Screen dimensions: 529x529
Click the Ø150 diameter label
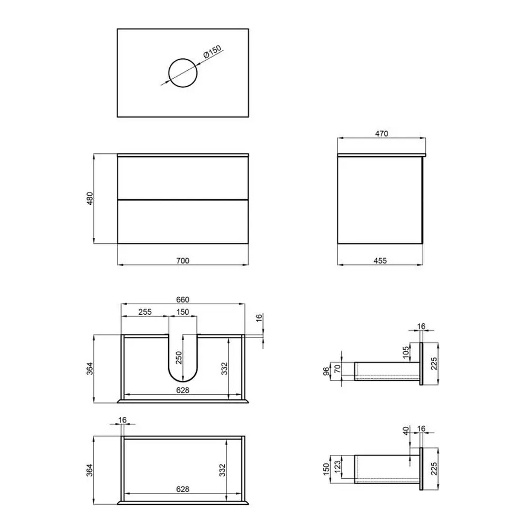[212, 51]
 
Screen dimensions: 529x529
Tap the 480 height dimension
[89, 199]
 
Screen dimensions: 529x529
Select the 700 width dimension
[183, 260]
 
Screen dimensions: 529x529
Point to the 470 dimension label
[381, 134]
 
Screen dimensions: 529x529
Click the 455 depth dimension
[380, 260]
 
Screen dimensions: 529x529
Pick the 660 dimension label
[183, 299]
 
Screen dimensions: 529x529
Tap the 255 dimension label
[145, 312]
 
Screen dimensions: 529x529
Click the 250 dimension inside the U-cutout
[179, 358]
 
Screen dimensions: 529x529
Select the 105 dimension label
[406, 352]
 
